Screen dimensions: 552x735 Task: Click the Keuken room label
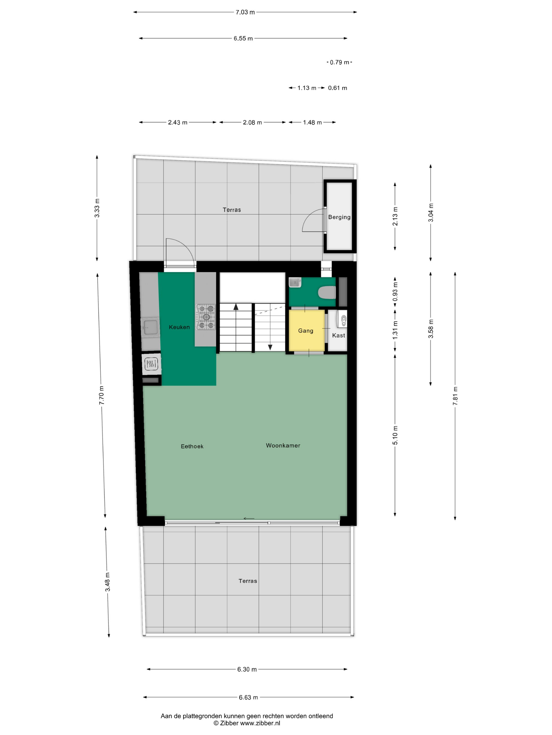[x=179, y=327]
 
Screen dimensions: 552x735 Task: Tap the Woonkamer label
[x=283, y=445]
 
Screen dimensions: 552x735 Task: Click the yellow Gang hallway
[x=306, y=330]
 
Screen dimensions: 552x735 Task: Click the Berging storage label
[x=339, y=217]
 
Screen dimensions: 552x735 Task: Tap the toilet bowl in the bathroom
[x=327, y=293]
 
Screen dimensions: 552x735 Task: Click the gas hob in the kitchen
[x=206, y=317]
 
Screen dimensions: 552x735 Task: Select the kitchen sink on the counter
[x=150, y=327]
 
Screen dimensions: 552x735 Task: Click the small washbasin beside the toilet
[x=295, y=282]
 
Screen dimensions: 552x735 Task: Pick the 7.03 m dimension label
[x=245, y=12]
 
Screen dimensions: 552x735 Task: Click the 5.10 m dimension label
[x=395, y=435]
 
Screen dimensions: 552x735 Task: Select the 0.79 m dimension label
[x=339, y=62]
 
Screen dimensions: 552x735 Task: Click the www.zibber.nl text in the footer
[x=260, y=723]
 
